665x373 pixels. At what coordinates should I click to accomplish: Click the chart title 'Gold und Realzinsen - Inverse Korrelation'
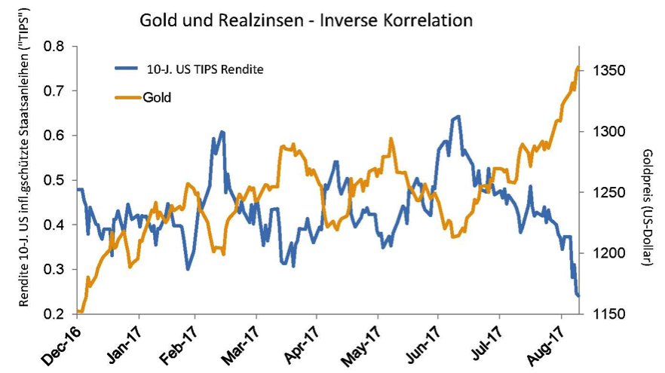[x=306, y=20]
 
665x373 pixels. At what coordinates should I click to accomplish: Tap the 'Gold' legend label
[x=158, y=97]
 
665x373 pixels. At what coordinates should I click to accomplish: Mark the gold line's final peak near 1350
[x=578, y=67]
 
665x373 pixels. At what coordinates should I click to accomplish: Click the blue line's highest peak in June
[x=458, y=117]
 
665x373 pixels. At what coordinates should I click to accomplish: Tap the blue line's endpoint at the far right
[x=578, y=296]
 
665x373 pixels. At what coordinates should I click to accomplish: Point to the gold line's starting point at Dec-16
[x=78, y=311]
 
